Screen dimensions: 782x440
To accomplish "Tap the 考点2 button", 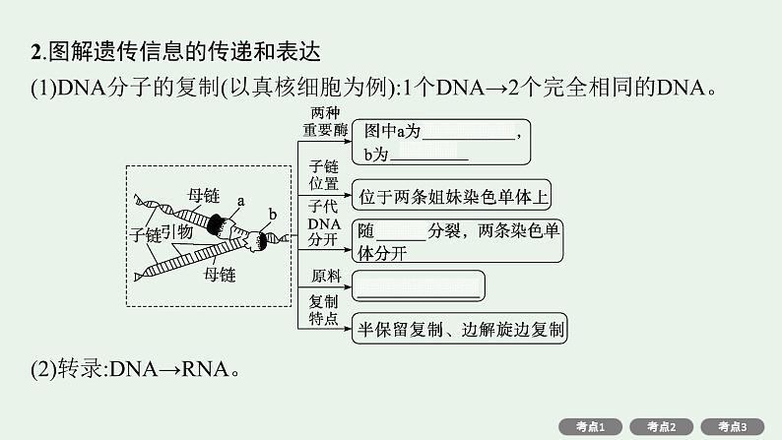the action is point(662,426).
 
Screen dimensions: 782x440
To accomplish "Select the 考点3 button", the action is point(733,426).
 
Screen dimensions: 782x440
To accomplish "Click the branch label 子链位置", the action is point(324,174).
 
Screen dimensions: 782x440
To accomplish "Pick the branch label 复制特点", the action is point(324,309).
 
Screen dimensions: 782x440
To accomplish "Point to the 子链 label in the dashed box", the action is point(145,236).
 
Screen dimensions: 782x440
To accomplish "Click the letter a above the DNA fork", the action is point(239,200).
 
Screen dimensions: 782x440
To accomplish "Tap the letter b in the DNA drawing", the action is point(272,215).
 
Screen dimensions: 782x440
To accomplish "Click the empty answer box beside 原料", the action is point(419,286).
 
